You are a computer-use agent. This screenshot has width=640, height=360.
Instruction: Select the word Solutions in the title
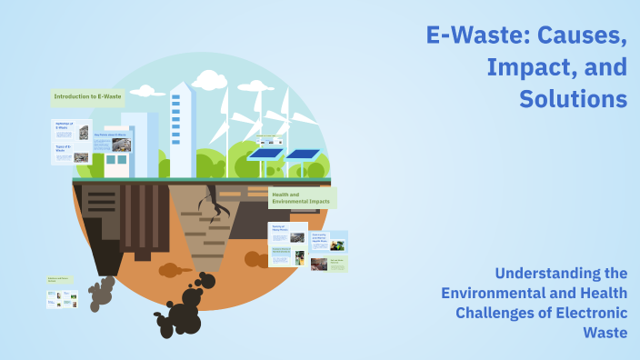coord(573,97)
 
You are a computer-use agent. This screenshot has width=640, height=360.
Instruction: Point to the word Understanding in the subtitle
coord(545,273)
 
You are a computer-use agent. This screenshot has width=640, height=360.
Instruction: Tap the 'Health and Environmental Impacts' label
coord(302,197)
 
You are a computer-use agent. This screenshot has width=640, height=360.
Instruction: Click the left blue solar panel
coord(265,154)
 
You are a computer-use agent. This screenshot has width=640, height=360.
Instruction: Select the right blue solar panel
coord(303,154)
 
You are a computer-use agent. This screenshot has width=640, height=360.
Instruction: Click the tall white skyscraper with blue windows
coord(182,127)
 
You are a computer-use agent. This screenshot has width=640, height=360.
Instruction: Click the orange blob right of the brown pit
coord(171,270)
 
